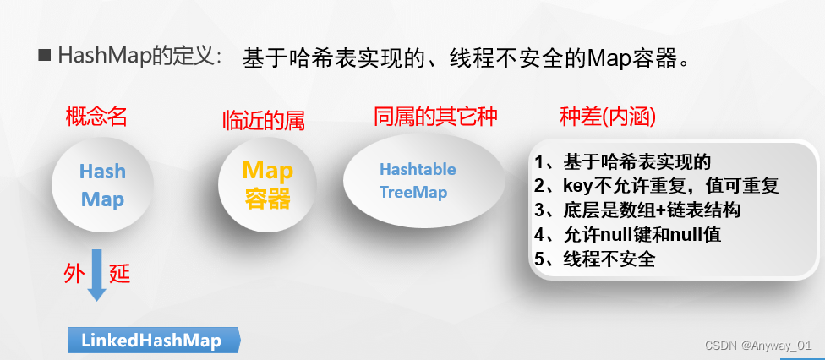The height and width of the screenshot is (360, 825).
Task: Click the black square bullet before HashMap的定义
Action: coord(45,57)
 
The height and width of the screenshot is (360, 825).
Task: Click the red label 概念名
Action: coord(96,117)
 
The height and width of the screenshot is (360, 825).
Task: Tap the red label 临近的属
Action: coord(263,121)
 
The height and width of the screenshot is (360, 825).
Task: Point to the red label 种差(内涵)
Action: coord(608,117)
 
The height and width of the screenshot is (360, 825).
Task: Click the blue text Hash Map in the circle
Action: coord(102,186)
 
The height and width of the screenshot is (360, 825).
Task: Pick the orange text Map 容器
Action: coord(268,185)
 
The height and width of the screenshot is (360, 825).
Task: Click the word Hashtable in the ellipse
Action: coord(418,169)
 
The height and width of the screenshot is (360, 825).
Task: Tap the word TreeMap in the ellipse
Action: coord(413,192)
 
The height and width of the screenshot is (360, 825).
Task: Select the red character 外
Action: coord(74,274)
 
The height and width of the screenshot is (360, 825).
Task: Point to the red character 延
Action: coord(120,274)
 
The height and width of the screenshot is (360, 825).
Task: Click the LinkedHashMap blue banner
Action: coord(152,341)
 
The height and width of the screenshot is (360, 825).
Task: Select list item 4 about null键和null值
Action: coord(627,235)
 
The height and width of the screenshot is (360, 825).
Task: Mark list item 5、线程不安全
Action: coord(594,259)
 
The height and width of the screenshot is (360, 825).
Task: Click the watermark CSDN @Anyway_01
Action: coord(758,346)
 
